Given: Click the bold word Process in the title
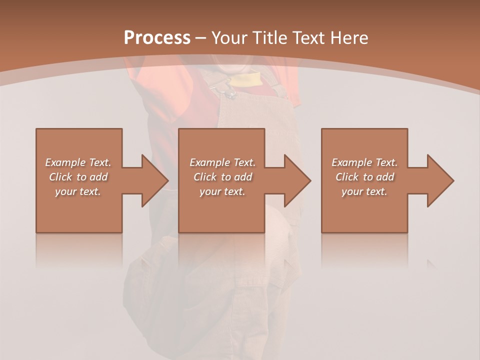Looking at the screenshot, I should (x=157, y=38).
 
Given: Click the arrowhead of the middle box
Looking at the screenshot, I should (x=297, y=180).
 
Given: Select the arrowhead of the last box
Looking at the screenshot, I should (x=440, y=180).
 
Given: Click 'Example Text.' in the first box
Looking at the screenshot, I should (x=78, y=162).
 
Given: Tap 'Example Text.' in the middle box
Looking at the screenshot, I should (x=222, y=162).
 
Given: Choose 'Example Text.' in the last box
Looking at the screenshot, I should (x=364, y=162).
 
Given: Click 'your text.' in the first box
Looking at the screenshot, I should (x=78, y=191).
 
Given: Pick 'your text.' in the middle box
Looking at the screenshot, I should (x=222, y=191).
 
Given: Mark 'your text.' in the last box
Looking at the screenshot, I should (x=364, y=191).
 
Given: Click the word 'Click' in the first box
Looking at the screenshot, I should (x=60, y=177).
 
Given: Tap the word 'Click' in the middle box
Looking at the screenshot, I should (x=205, y=177).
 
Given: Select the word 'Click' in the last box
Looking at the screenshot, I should (x=347, y=177).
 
